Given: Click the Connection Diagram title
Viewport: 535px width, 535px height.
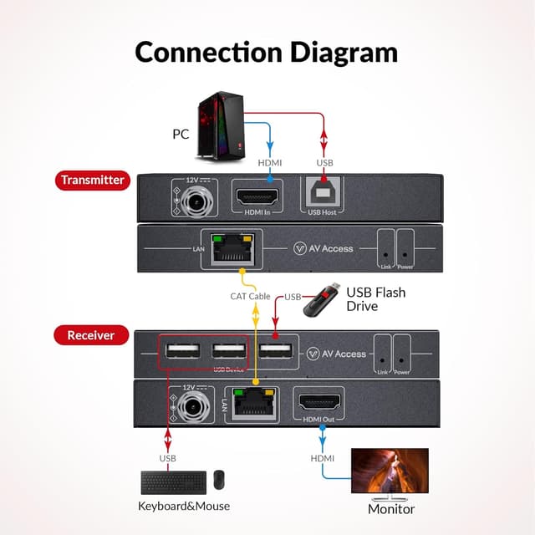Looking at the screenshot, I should coord(267,51).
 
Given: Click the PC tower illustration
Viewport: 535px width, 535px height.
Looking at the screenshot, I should coord(220,125).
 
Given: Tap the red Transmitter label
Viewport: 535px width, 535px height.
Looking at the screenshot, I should coord(92,180).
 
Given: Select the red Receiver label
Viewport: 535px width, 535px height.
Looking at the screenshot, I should coord(90,335).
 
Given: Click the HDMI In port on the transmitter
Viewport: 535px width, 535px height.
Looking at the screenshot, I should coord(257,200).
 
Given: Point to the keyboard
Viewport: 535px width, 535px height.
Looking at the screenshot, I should coord(174,482).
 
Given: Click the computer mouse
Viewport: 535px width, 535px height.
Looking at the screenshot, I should coord(219,480).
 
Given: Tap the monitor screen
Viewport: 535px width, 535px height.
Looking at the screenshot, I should coord(390,472).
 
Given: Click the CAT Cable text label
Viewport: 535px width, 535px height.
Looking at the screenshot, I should coord(250,296).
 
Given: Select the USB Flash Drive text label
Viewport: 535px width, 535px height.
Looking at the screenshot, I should coord(376,298).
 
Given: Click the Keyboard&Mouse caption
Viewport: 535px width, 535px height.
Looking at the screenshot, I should coord(184,506).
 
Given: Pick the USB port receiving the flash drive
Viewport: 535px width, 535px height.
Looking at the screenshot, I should coord(275,351).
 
